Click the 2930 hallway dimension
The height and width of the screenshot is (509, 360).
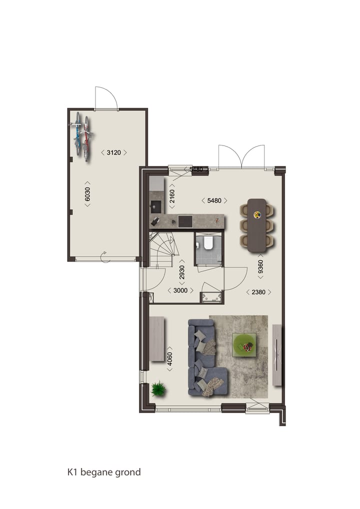click(x=182, y=271)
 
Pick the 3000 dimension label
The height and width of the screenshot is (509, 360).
click(x=180, y=290)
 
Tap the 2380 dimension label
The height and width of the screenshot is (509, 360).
click(x=258, y=292)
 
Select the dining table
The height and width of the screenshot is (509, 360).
click(x=257, y=225)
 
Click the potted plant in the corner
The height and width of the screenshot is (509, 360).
click(x=158, y=388)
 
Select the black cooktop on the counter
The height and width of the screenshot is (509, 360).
click(x=185, y=220)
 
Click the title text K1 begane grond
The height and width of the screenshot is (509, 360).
click(x=104, y=471)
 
